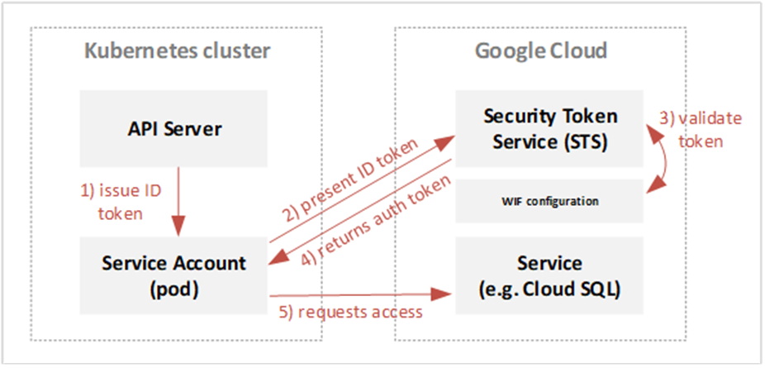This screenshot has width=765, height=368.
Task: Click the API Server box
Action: click(175, 129)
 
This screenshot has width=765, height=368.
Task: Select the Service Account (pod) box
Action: click(175, 274)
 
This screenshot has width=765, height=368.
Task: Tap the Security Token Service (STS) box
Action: click(550, 128)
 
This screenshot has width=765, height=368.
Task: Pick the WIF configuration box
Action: click(550, 200)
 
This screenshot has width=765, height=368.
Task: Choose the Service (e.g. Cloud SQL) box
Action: click(550, 275)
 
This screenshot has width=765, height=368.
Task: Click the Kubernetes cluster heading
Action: click(178, 51)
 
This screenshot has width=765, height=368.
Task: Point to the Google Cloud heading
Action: click(541, 51)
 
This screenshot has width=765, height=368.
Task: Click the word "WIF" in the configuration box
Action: click(512, 201)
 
